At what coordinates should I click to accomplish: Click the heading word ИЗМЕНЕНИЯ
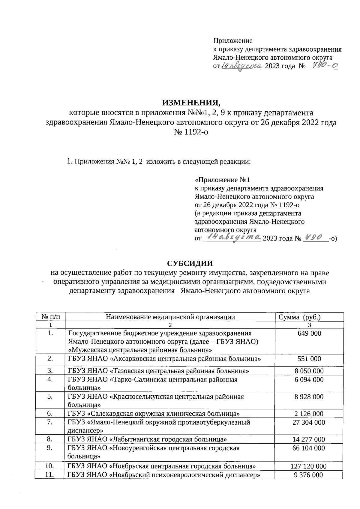tap(191, 103)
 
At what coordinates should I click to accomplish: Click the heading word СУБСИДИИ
tap(190, 263)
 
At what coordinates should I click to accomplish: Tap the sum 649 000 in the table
tap(309, 333)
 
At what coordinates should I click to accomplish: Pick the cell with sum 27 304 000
tap(309, 422)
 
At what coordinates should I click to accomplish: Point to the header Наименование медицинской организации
tap(170, 317)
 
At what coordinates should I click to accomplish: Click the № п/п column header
tap(50, 317)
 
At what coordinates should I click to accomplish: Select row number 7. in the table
tap(50, 422)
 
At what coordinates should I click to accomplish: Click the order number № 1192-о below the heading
tap(191, 132)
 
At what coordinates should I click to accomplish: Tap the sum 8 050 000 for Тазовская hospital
tap(309, 371)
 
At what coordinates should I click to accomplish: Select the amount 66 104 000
tap(309, 448)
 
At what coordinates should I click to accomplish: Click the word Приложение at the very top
tap(232, 40)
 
